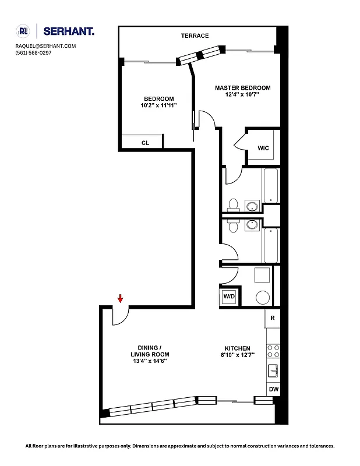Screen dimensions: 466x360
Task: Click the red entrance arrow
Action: click(120, 298)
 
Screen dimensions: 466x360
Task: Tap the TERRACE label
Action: click(195, 36)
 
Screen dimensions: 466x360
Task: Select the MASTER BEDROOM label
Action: click(243, 88)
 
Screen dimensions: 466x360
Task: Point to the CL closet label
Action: click(145, 143)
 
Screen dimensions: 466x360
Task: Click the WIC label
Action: click(263, 148)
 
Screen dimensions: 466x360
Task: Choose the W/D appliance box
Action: click(229, 297)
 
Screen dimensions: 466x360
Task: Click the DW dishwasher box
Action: click(273, 389)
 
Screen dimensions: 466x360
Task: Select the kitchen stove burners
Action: click(273, 351)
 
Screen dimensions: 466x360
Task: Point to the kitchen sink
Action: click(273, 370)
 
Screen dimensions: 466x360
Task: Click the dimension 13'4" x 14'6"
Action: click(150, 361)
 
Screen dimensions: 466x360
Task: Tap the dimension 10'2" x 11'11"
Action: click(158, 105)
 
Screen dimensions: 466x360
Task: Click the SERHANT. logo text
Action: click(69, 31)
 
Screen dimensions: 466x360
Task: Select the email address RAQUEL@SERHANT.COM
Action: click(45, 46)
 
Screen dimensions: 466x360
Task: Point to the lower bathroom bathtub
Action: click(271, 245)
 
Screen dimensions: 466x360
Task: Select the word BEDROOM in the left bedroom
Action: click(158, 98)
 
